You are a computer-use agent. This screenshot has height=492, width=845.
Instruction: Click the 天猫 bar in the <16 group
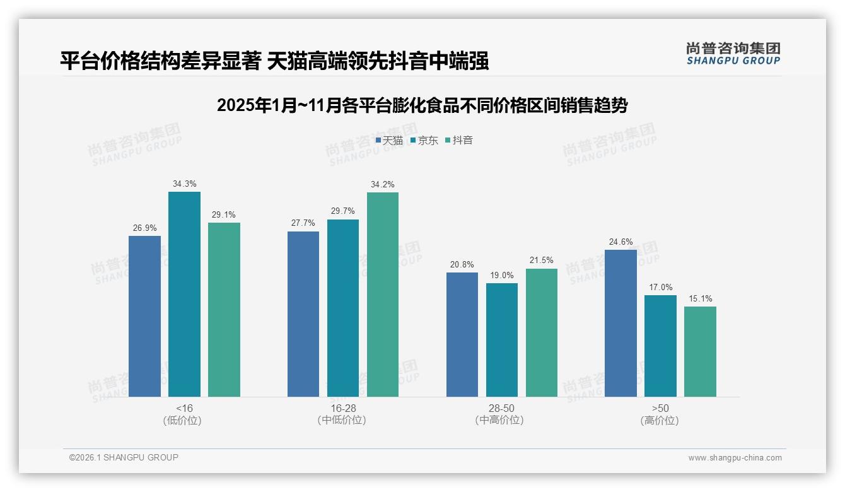pos(144,316)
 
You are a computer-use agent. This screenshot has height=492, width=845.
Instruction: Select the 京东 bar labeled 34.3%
pos(184,294)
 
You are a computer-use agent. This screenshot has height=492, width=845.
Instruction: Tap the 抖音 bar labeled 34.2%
pos(383,294)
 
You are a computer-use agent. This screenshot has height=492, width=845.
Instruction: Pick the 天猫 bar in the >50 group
pos(621,323)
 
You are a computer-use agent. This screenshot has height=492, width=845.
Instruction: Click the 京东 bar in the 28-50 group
pos(502,340)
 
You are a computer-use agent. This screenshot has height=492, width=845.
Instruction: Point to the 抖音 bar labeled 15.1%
pos(700,351)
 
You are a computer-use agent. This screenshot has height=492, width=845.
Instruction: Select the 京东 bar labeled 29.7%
pos(343,308)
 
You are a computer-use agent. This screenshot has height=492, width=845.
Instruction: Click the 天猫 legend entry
pos(389,141)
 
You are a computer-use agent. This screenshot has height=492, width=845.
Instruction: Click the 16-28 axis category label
pos(343,408)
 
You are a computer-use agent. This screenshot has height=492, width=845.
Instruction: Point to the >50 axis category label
pos(660,408)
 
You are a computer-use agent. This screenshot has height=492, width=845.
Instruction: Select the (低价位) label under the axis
pos(182,420)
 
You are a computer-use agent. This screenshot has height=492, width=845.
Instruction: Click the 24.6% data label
pos(621,242)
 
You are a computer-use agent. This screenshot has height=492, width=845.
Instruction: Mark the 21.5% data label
pos(542,261)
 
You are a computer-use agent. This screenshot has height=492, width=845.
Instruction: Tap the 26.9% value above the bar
pos(144,228)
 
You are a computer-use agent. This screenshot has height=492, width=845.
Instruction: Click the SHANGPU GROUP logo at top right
pos(733,54)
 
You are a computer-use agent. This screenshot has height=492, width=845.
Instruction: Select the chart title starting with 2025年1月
pos(422,105)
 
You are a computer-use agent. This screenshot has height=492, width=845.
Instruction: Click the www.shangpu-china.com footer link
pos(735,458)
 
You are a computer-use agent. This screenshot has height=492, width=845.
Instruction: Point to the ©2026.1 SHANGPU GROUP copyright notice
pos(124,457)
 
